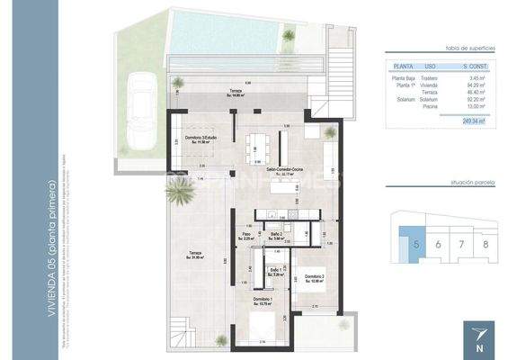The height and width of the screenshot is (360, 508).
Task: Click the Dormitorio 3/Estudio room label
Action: [198, 139]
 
